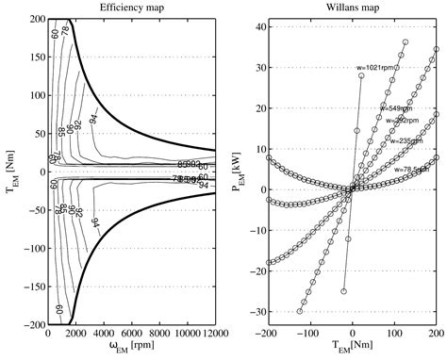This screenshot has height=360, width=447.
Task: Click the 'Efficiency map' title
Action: click(x=132, y=8)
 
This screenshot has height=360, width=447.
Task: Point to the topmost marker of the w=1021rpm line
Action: click(x=361, y=75)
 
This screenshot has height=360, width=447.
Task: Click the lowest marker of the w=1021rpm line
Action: click(x=344, y=291)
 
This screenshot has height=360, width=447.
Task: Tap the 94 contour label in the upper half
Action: click(x=116, y=117)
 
